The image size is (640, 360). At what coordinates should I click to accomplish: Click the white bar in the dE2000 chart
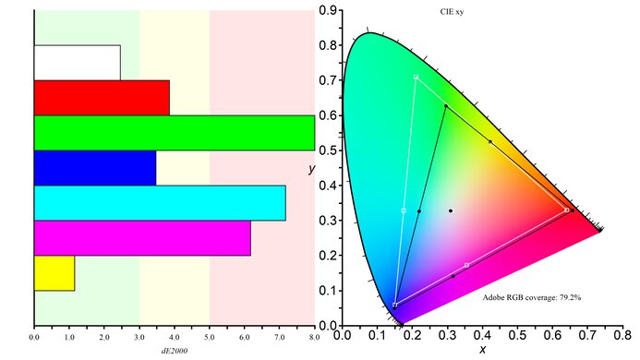click(x=77, y=62)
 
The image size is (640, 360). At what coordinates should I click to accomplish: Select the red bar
click(x=102, y=97)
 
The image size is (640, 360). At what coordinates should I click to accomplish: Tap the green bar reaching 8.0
click(x=174, y=132)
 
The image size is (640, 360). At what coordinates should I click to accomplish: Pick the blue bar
click(x=94, y=167)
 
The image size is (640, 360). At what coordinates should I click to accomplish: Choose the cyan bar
click(x=159, y=203)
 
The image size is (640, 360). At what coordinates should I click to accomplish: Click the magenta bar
click(x=141, y=238)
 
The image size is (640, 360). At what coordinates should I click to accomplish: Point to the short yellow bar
click(x=54, y=273)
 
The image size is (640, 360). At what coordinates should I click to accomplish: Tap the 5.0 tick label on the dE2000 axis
click(x=210, y=337)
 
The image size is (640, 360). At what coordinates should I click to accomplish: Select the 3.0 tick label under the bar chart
click(x=139, y=337)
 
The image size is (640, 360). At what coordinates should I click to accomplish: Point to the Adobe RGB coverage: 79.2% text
click(x=531, y=297)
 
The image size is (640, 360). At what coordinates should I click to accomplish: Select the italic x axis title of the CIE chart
click(x=482, y=350)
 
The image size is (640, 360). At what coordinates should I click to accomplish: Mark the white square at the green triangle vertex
click(x=416, y=77)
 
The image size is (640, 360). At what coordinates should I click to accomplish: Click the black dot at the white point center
click(x=451, y=210)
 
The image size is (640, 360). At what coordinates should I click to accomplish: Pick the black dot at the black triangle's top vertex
click(x=446, y=106)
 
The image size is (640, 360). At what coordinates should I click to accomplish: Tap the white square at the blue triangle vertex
click(x=395, y=305)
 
